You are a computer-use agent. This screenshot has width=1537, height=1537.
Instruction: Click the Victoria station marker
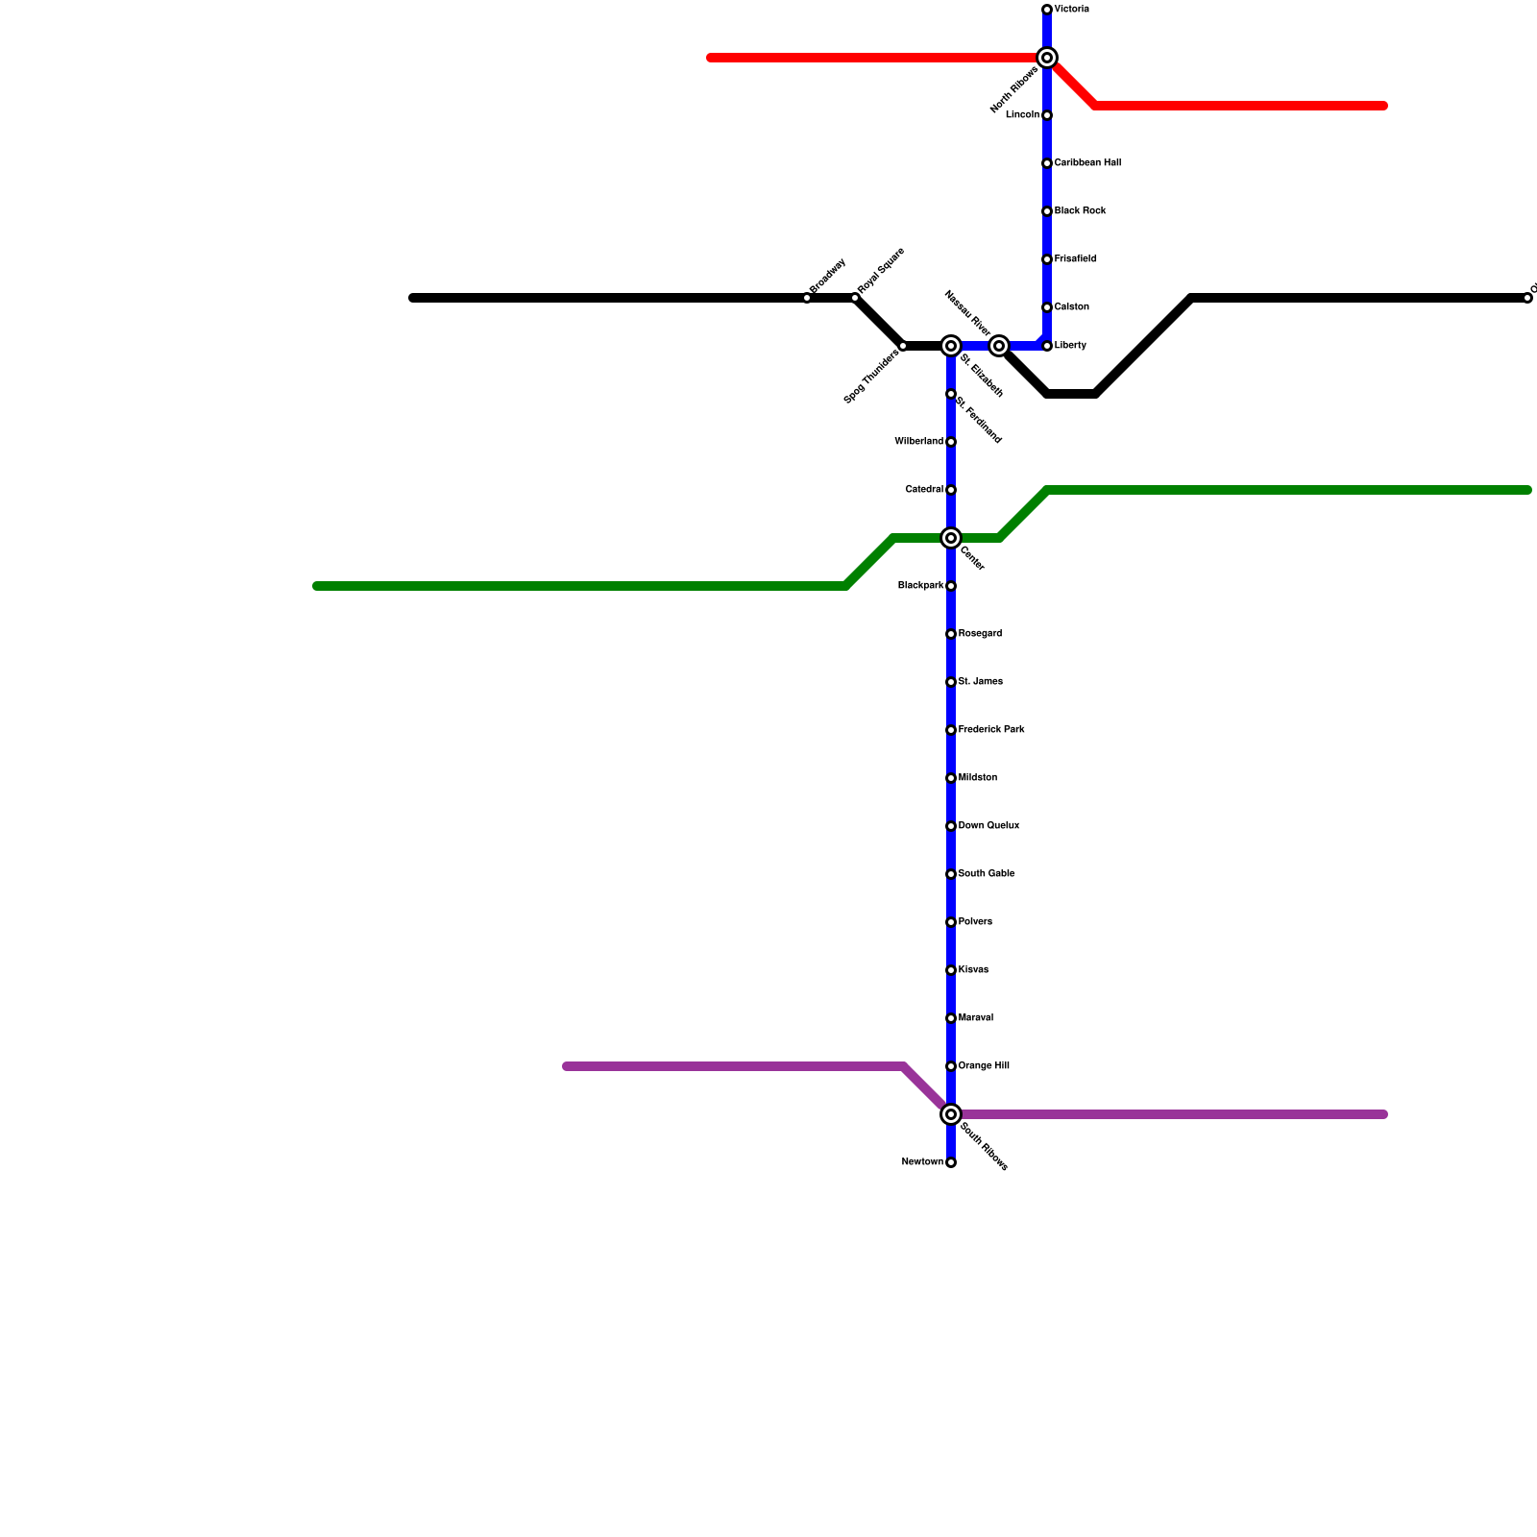(1047, 10)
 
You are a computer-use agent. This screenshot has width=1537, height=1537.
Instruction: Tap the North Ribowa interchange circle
(1047, 58)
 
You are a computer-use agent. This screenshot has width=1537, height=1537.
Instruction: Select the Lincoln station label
(1022, 115)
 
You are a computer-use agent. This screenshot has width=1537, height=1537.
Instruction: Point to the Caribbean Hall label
(1087, 163)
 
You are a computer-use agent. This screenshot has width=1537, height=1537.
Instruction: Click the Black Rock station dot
(1047, 211)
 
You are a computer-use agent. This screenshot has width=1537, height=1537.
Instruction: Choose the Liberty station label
(1070, 346)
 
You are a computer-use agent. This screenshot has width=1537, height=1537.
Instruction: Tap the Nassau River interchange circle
(999, 346)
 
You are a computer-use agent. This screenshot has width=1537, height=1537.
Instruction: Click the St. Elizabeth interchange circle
(951, 346)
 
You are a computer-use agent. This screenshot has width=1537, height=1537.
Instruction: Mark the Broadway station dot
(807, 298)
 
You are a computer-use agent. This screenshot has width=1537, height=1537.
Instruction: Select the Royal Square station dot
(855, 298)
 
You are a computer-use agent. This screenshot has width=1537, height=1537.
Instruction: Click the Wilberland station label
(918, 442)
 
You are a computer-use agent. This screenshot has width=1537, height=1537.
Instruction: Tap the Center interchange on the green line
(951, 538)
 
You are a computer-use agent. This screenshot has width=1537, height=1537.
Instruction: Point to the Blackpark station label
(920, 586)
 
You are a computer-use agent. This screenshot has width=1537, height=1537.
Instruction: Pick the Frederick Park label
(991, 730)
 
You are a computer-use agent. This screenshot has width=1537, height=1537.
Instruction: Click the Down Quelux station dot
(951, 826)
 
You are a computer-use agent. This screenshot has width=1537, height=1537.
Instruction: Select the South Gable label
(987, 874)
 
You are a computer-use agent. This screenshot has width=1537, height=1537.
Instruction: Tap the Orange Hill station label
(984, 1066)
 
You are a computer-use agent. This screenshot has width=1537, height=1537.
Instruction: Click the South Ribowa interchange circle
(951, 1114)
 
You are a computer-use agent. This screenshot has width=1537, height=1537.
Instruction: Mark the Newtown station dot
(951, 1162)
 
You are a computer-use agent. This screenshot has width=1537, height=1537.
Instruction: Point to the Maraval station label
(976, 1018)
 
